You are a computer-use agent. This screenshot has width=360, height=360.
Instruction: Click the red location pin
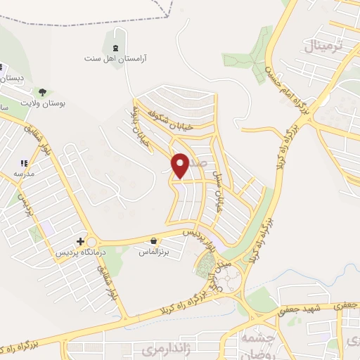pyautogui.click(x=181, y=165)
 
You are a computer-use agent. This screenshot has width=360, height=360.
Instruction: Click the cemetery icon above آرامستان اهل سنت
pyautogui.click(x=114, y=48)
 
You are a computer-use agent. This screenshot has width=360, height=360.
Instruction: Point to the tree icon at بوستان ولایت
pyautogui.click(x=43, y=91)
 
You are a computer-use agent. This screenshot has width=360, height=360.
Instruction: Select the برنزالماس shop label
pyautogui.click(x=153, y=251)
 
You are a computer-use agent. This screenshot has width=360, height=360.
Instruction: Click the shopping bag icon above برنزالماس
pyautogui.click(x=153, y=240)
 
